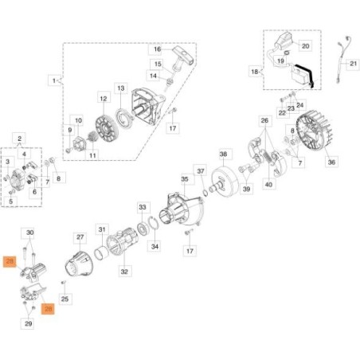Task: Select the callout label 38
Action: point(224,154)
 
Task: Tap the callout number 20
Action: point(305,46)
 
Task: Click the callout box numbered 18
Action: point(254,71)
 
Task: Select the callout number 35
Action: point(185,180)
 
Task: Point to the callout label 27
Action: point(80,237)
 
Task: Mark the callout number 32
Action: point(124,272)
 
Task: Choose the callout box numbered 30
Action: point(30,233)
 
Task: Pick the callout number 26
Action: point(265,120)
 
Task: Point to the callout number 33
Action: point(143,207)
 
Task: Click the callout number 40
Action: point(268,185)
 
